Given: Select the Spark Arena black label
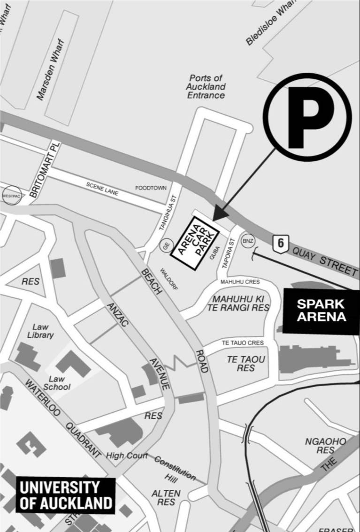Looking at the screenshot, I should (x=321, y=310).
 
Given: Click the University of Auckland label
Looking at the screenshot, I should (x=65, y=495).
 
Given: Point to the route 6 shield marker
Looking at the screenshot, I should (x=280, y=243).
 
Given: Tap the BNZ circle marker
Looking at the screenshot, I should (x=248, y=241).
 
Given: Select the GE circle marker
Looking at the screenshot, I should (x=165, y=245).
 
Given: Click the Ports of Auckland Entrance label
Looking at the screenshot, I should (x=206, y=87).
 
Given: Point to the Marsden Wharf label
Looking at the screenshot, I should (x=50, y=69).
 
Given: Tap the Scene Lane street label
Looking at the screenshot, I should (x=102, y=188).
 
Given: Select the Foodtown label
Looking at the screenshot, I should (x=151, y=188).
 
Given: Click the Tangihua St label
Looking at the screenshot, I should (x=167, y=213).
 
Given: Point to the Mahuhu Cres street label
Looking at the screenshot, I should (x=239, y=282).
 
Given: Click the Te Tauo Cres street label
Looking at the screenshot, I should (x=243, y=343).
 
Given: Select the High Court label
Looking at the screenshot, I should (x=127, y=455).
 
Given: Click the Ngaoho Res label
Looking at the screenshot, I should (x=325, y=446).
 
